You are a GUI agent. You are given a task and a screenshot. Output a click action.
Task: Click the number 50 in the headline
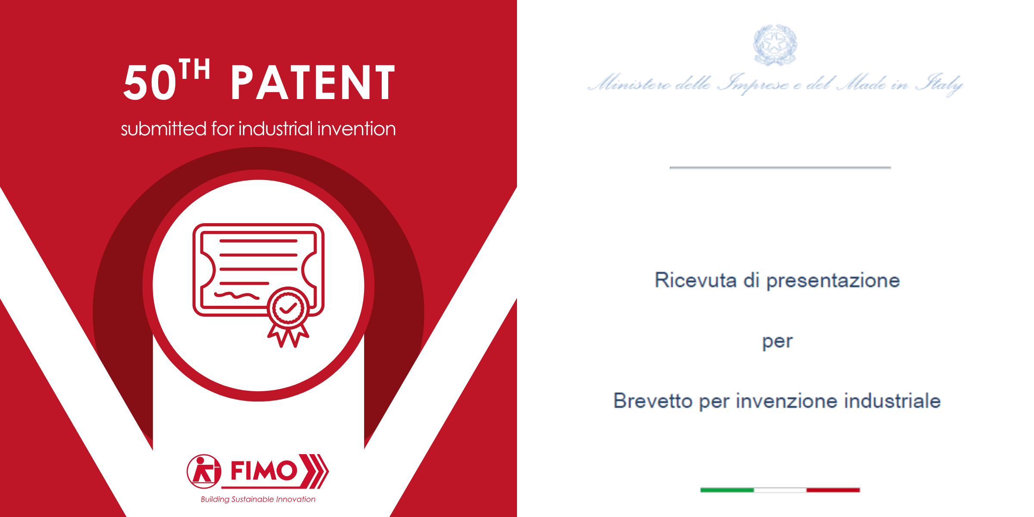150,82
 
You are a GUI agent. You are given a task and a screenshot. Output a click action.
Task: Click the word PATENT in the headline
313,82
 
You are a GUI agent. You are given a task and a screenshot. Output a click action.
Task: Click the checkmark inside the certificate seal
288,308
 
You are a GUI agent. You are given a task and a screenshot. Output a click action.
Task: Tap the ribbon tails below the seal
288,335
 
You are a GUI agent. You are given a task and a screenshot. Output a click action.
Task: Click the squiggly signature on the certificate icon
237,296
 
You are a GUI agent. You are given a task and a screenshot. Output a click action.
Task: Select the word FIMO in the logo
264,470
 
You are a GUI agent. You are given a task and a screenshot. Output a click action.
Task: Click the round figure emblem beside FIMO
204,471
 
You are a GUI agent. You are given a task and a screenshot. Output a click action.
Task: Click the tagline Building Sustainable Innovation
258,499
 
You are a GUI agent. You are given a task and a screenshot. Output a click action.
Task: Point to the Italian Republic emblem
775,45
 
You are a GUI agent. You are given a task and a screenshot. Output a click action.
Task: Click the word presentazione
833,281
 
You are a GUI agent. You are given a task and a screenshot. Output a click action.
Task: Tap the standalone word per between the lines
777,342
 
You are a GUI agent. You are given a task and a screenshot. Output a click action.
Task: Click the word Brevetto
653,401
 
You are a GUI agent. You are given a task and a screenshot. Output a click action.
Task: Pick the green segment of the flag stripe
727,490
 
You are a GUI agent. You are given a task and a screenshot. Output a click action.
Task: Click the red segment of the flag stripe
833,490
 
